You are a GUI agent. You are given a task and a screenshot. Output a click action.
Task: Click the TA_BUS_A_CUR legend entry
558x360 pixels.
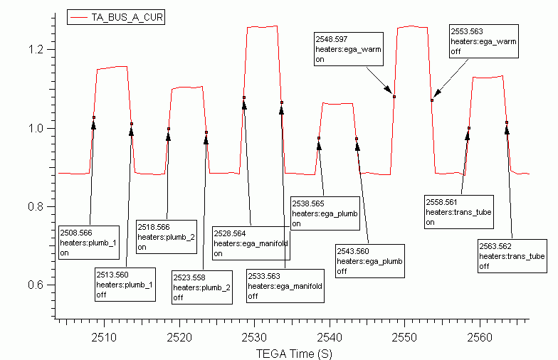click(116, 17)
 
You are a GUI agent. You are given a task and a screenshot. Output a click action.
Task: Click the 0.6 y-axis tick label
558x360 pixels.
click(36, 285)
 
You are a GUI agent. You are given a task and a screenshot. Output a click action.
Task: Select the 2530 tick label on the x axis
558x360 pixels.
click(254, 337)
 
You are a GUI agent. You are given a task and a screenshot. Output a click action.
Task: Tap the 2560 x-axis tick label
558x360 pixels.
click(480, 337)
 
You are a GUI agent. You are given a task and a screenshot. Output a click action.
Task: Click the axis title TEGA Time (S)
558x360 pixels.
click(294, 354)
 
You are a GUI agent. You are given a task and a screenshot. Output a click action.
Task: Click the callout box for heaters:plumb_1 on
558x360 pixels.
click(88, 243)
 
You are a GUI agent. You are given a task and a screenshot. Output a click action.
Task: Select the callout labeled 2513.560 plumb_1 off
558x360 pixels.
click(125, 285)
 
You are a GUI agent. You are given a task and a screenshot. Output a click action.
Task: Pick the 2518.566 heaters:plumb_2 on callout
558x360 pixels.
click(167, 237)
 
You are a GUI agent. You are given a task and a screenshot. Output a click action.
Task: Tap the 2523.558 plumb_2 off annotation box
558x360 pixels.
click(202, 287)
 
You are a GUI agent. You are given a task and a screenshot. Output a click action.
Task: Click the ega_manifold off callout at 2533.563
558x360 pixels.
click(285, 286)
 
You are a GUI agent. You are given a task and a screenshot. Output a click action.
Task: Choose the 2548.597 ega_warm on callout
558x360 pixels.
click(349, 49)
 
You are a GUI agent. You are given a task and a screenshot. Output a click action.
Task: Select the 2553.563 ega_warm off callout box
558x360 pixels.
click(484, 41)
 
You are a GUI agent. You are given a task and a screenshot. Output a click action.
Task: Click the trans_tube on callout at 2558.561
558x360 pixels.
click(458, 212)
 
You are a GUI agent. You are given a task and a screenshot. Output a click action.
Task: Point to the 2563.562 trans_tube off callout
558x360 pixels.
click(512, 256)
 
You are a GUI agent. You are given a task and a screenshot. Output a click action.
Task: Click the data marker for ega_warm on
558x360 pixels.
click(394, 97)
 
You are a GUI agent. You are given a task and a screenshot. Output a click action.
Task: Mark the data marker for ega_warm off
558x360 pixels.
click(432, 100)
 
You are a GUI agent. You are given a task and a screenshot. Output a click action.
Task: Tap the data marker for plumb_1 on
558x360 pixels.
click(94, 117)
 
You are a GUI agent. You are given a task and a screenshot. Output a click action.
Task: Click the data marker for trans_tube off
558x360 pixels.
click(507, 122)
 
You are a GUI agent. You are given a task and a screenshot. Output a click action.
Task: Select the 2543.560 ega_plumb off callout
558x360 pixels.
click(370, 261)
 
